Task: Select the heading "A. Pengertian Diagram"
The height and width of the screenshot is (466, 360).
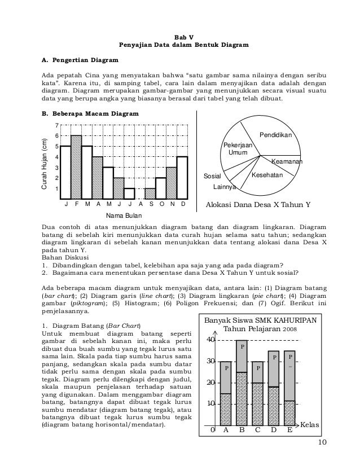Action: [81, 59]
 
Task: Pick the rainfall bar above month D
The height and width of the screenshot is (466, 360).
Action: [182, 177]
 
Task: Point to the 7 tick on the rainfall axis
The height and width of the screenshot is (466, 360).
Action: [55, 125]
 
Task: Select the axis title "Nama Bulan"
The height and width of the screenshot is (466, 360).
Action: [124, 215]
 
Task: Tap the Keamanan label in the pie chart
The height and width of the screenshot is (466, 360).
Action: [286, 162]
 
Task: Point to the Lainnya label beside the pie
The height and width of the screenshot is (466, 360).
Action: [225, 186]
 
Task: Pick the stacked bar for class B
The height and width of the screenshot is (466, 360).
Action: [242, 384]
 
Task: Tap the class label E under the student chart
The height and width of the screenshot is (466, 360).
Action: [289, 431]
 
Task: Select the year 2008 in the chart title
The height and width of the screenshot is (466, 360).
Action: [289, 329]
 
